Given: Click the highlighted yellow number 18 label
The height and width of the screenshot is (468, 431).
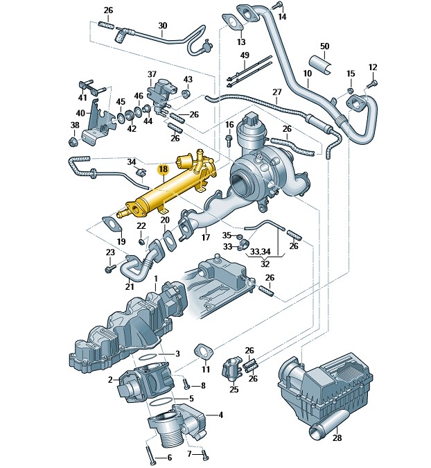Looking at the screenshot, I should point(164,168).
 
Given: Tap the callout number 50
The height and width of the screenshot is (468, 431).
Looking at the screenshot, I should point(324,46).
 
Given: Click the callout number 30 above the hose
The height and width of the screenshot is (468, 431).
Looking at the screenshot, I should point(163,26).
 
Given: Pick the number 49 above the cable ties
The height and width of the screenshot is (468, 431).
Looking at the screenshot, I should point(245,55).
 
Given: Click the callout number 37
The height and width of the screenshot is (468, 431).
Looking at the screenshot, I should point(152,74).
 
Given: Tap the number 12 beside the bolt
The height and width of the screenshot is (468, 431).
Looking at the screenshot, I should point(372,67).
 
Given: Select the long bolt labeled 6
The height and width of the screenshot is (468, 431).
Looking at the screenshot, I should point(150,449).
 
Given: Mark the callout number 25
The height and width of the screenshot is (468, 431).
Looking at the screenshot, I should point(234,390).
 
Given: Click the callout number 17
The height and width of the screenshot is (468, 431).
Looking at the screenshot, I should point(206,237).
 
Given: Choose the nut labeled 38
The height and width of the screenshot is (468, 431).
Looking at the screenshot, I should point(72,143).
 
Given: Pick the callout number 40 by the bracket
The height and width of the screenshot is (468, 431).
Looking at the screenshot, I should point(80,113).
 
